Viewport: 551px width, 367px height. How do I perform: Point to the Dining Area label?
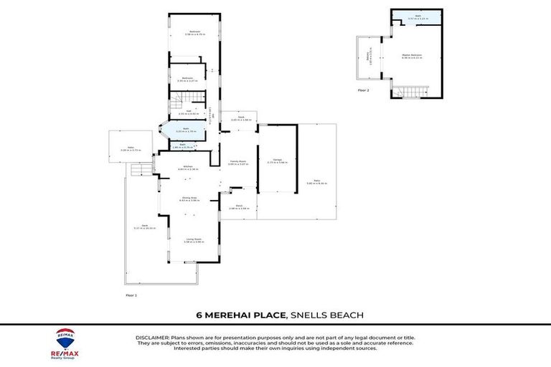[x=188, y=199]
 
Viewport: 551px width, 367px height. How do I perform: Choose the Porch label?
[x=238, y=206]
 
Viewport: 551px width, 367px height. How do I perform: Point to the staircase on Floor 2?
[x=414, y=90]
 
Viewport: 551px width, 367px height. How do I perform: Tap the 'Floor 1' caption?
[x=131, y=295]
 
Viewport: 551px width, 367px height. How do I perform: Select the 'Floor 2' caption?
[x=363, y=90]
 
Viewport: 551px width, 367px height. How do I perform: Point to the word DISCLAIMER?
[x=151, y=337]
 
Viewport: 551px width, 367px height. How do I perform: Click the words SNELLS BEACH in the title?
[x=324, y=315]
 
